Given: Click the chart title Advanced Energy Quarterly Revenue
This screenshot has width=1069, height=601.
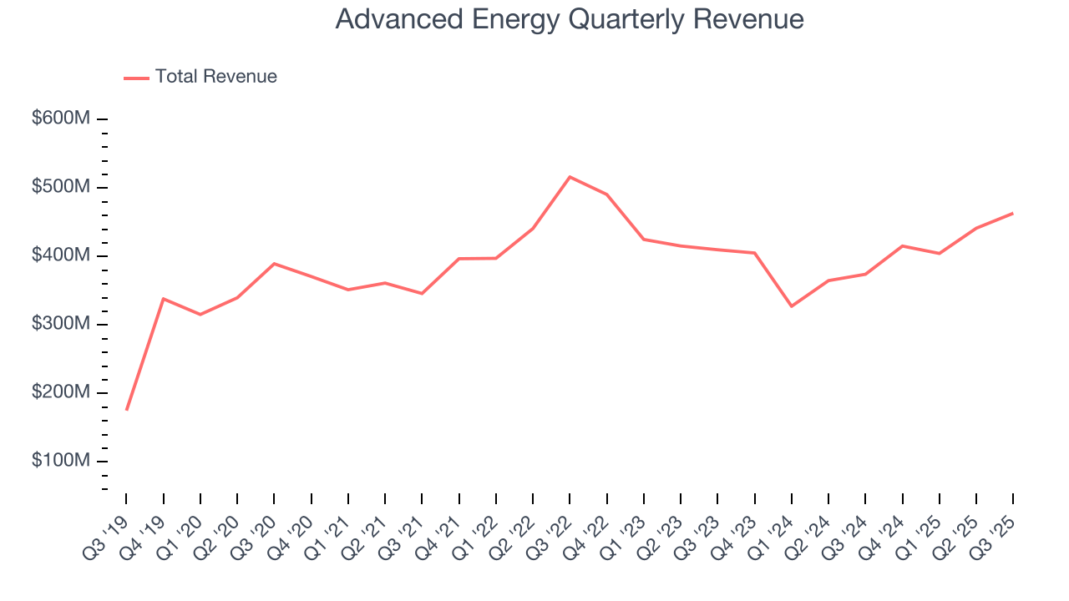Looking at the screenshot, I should click(x=570, y=19).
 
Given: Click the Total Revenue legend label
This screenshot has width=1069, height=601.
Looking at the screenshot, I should click(x=215, y=77).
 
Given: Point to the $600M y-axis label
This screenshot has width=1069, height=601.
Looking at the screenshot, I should click(x=61, y=119).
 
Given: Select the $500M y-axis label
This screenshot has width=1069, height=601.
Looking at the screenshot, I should click(x=61, y=187).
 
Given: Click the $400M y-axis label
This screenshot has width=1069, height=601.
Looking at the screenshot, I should click(x=61, y=255).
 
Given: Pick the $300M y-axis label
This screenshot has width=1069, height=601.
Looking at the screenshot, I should click(x=61, y=324).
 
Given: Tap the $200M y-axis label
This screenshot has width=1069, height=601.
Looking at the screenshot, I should click(x=61, y=392).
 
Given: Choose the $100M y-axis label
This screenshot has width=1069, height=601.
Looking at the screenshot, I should click(x=61, y=461).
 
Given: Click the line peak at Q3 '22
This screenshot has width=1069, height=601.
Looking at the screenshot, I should click(x=570, y=177).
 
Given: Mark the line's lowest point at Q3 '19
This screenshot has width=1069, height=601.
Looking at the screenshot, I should click(x=126, y=410).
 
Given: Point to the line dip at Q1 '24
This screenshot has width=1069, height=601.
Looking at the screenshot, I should click(x=791, y=306).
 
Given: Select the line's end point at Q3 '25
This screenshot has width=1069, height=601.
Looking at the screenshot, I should click(x=1013, y=214).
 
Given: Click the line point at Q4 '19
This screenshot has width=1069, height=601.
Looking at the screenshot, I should click(x=163, y=298).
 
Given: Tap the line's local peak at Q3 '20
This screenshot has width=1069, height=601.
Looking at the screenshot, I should click(x=274, y=264).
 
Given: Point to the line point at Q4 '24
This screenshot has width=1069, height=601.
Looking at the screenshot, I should click(x=902, y=245).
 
